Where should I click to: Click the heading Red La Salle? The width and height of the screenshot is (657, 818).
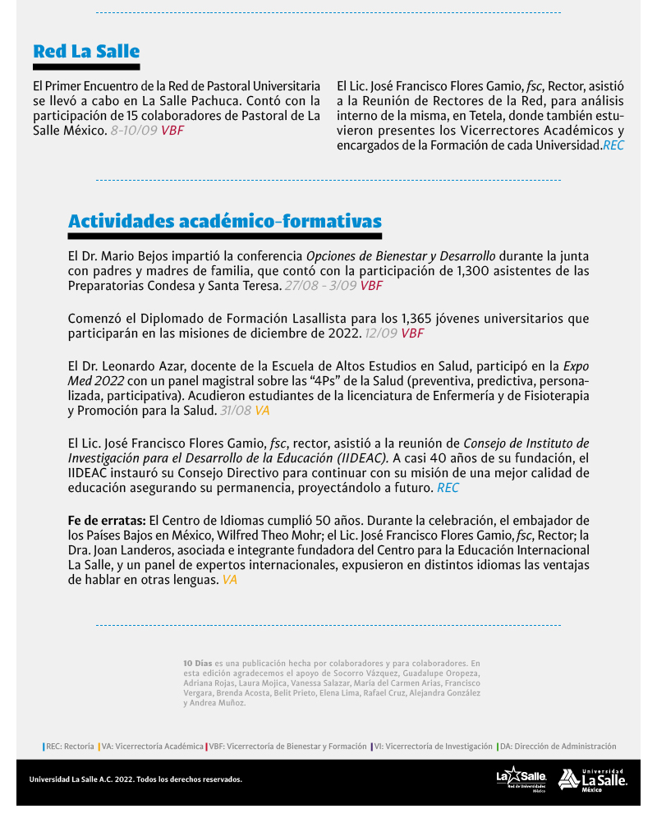click(86, 52)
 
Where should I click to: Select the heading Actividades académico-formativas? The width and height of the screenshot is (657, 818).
click(224, 221)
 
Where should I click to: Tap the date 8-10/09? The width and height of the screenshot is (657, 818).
click(133, 130)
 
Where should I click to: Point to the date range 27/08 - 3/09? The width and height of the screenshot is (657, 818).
click(320, 285)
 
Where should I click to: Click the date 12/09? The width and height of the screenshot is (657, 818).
click(381, 333)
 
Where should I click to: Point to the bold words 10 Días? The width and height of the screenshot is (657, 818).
click(198, 662)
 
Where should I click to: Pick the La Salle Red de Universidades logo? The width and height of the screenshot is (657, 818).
click(521, 779)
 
